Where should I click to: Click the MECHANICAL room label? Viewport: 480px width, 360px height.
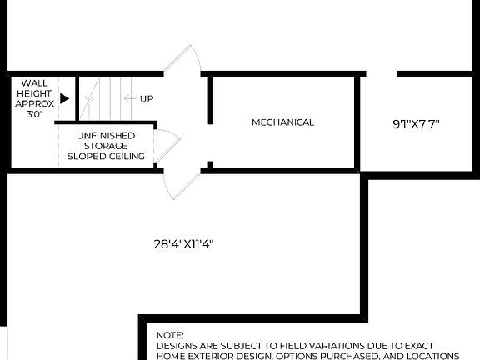(x=283, y=122)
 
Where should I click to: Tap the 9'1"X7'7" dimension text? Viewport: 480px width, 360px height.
(x=417, y=124)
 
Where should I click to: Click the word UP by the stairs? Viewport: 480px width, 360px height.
(x=147, y=99)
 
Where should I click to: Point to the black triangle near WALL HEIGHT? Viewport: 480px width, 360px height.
(x=64, y=98)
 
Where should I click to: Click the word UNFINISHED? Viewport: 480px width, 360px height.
(x=106, y=134)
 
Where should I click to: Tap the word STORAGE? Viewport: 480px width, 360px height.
(x=106, y=145)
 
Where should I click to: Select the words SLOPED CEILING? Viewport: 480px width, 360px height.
(x=106, y=156)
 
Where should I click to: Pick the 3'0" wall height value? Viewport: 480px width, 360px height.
(x=34, y=114)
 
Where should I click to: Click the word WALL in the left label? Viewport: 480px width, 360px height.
(x=34, y=82)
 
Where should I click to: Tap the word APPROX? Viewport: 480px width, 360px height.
(x=34, y=103)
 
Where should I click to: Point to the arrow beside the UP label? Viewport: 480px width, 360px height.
(x=128, y=99)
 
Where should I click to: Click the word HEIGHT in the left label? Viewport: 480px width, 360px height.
(x=34, y=93)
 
